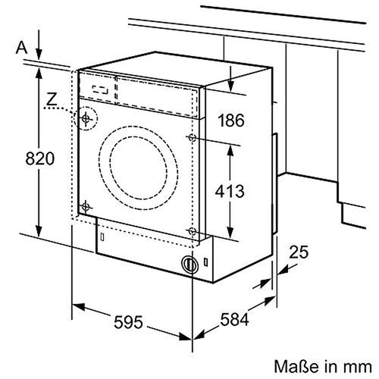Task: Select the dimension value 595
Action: coord(128,323)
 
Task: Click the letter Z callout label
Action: coord(51,99)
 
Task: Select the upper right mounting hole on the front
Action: coord(193,138)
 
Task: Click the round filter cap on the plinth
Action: coord(189,265)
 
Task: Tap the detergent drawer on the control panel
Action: coord(99,88)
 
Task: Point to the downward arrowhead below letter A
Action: coord(38,58)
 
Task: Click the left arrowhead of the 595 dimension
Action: coord(76,307)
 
